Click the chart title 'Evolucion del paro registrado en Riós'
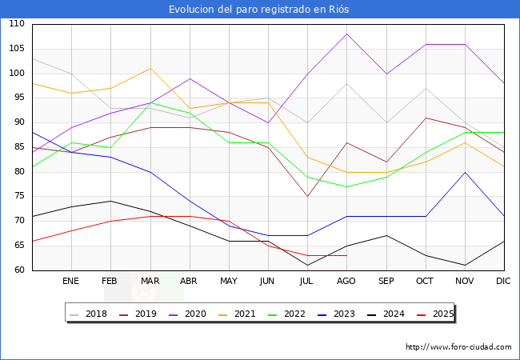coord(259,10)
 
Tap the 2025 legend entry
coord(441,314)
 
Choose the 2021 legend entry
coord(244,314)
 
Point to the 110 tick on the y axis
coord(17,25)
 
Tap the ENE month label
coord(71,282)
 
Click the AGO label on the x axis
coord(346,282)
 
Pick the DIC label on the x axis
coord(504,282)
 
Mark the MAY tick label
coord(229,282)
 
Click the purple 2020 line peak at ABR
coord(190,78)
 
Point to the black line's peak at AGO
coord(346,34)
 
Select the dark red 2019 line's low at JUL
coord(307,197)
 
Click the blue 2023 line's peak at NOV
coord(465,172)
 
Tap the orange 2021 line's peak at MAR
coord(150,68)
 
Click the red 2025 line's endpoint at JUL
coord(307,255)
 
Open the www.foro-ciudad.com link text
coord(458,347)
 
